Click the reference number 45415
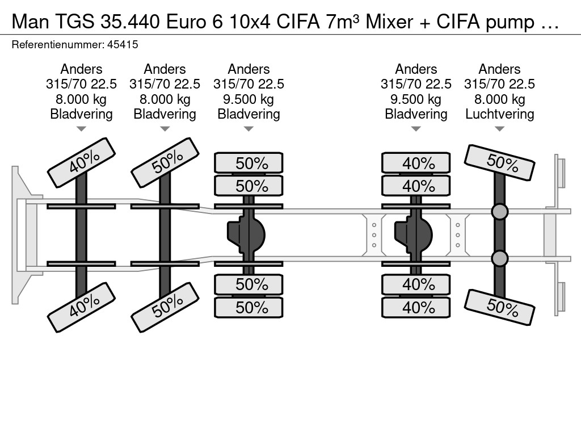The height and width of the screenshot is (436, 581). tap(123, 45)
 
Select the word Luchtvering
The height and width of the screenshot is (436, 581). tap(499, 114)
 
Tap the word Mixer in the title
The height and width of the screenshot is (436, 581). tap(389, 22)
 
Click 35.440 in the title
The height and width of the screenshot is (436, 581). tap(130, 22)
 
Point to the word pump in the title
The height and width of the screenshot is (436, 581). tap(510, 23)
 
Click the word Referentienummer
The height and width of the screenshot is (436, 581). tap(58, 45)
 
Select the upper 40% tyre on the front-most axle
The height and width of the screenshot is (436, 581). tap(82, 162)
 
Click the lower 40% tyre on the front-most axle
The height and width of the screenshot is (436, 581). tap(82, 307)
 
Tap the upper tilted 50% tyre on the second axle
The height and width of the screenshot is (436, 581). tap(165, 162)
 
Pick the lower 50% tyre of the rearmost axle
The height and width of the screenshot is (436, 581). tap(499, 307)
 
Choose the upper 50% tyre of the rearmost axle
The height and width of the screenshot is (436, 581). tap(499, 162)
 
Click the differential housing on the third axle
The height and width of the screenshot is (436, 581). tap(246, 235)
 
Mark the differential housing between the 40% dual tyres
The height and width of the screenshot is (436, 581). tap(414, 235)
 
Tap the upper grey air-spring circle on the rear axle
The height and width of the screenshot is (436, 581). tap(499, 212)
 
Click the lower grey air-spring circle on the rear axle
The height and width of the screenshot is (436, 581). tap(499, 258)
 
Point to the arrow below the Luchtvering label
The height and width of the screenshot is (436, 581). tap(499, 129)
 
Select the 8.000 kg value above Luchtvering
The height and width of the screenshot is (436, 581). tap(499, 99)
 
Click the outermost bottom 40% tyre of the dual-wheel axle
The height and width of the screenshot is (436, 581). tap(416, 307)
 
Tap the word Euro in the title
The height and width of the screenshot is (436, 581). tap(186, 22)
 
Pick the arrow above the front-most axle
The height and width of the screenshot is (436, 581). tap(81, 129)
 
